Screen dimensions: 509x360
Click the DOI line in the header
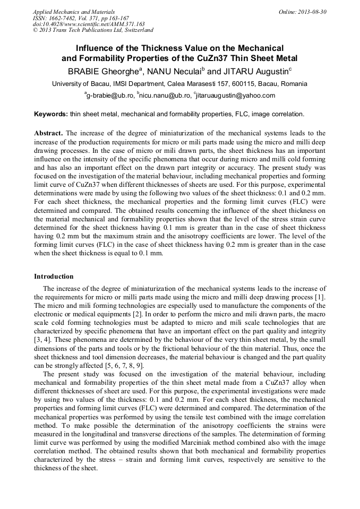[x=88, y=24]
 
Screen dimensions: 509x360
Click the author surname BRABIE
[x=85, y=71]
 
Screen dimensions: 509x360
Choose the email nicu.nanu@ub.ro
[x=165, y=96]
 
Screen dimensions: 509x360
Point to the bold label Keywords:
[x=51, y=114]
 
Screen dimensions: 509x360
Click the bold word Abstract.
[x=48, y=133]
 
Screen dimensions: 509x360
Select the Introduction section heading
[x=54, y=277]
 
